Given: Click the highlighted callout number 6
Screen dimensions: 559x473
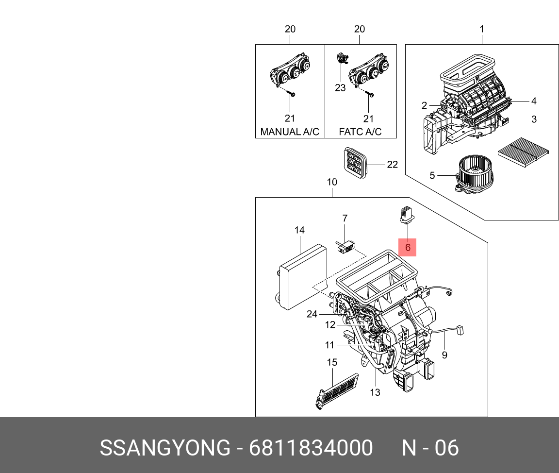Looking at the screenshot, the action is [x=408, y=247].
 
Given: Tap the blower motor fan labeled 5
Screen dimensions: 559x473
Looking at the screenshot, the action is [x=472, y=174].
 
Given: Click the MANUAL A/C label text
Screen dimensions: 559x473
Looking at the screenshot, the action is [x=290, y=132].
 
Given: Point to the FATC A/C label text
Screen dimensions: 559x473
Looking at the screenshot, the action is [x=360, y=132].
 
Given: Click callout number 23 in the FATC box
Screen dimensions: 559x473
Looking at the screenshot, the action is [x=340, y=87].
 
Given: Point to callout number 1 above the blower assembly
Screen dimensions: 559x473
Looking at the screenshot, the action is [x=482, y=29].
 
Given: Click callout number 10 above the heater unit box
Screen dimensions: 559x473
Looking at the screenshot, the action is [x=332, y=182].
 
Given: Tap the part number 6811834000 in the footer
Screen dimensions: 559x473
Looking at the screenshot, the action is [x=311, y=447].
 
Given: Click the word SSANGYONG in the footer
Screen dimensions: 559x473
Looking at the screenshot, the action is [x=165, y=447].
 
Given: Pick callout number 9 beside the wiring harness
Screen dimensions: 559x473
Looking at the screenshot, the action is [x=444, y=355].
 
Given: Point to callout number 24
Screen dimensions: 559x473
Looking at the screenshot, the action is [x=312, y=314].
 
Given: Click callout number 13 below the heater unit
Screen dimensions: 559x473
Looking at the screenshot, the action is [x=375, y=392].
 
